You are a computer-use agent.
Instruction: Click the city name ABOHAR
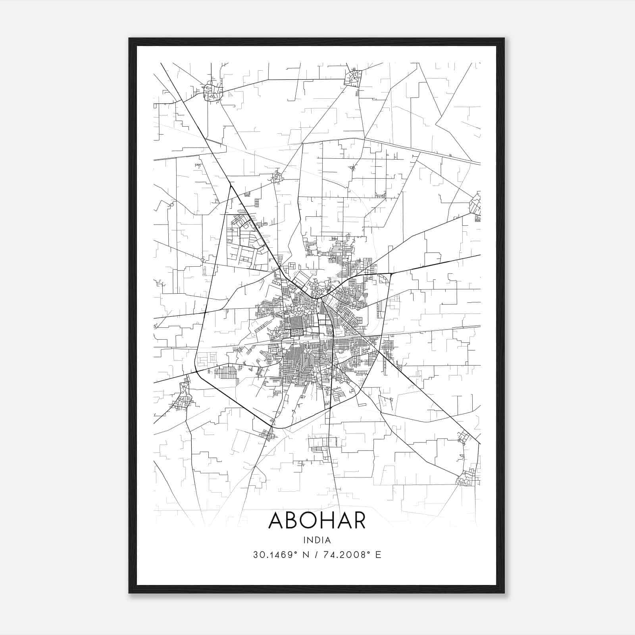317,520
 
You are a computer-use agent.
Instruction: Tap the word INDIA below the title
317,540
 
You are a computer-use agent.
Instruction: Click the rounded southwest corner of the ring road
197,369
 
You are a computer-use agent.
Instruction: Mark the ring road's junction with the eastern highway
391,273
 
